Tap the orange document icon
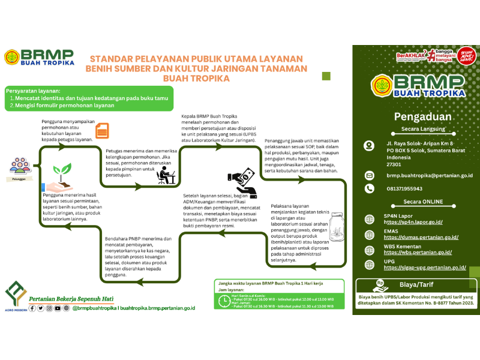[103, 130]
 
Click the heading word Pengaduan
[418, 116]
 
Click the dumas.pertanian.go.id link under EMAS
[421, 238]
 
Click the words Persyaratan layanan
[28, 90]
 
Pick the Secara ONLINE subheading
[419, 202]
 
